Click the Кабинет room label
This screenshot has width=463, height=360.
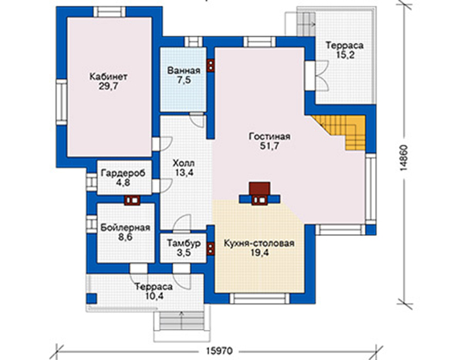pyautogui.click(x=109, y=77)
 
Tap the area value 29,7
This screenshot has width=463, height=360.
pyautogui.click(x=108, y=86)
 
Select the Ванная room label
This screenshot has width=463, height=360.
pyautogui.click(x=184, y=71)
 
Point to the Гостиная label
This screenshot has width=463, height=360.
pyautogui.click(x=269, y=136)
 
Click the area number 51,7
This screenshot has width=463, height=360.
pyautogui.click(x=269, y=146)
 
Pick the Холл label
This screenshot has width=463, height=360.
pyautogui.click(x=184, y=163)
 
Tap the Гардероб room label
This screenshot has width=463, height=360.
pyautogui.click(x=123, y=173)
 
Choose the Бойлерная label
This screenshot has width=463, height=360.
pyautogui.click(x=125, y=228)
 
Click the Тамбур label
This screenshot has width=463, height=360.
pyautogui.click(x=184, y=243)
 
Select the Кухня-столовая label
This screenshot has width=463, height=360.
pyautogui.click(x=259, y=244)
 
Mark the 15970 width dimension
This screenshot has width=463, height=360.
pyautogui.click(x=219, y=351)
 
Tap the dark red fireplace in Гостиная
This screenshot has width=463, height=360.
pyautogui.click(x=259, y=189)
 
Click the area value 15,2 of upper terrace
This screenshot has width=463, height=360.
pyautogui.click(x=345, y=56)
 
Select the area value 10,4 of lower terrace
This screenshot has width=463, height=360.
pyautogui.click(x=154, y=296)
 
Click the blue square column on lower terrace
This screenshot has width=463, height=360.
pyautogui.click(x=92, y=298)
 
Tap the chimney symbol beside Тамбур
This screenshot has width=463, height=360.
pyautogui.click(x=210, y=248)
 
